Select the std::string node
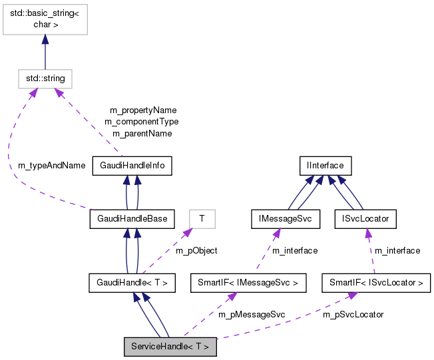click(x=45, y=79)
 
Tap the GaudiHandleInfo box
click(x=132, y=166)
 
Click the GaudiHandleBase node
click(x=132, y=218)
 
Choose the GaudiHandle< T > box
click(x=132, y=283)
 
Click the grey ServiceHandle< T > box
click(x=170, y=346)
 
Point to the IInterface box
click(x=324, y=166)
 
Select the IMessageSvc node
click(x=286, y=218)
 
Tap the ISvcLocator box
click(x=365, y=218)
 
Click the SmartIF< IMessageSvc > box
click(x=248, y=283)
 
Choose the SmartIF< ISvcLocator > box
click(x=375, y=283)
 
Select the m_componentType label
click(x=141, y=121)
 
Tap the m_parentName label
click(x=142, y=133)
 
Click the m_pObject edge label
click(x=196, y=251)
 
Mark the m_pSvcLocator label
click(x=353, y=314)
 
